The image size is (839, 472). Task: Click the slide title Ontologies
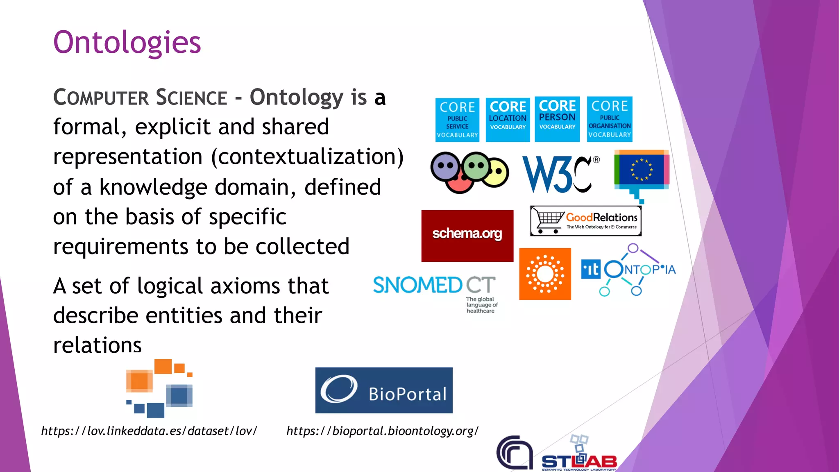(x=127, y=43)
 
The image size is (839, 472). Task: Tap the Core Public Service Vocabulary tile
(x=457, y=120)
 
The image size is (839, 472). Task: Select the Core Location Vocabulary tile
(x=508, y=120)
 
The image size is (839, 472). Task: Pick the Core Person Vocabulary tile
(x=557, y=119)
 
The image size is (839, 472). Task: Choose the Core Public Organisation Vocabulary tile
(x=610, y=119)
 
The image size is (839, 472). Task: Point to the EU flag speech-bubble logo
(x=642, y=172)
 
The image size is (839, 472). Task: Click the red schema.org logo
(x=467, y=236)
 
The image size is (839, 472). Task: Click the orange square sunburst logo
(x=545, y=274)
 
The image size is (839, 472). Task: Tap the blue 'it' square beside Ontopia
(x=591, y=270)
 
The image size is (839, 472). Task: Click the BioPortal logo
(x=384, y=390)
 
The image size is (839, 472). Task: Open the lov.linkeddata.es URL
(x=149, y=431)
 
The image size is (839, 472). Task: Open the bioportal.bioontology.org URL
(x=382, y=431)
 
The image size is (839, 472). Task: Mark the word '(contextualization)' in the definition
(x=307, y=157)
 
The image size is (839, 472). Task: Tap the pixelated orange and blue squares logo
(x=159, y=388)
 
